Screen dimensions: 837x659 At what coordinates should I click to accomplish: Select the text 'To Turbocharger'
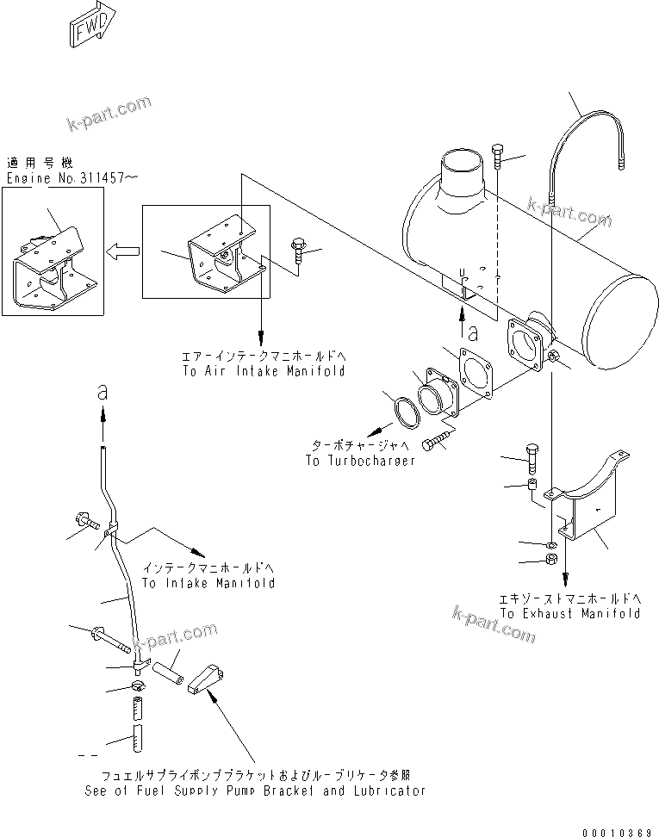click(360, 461)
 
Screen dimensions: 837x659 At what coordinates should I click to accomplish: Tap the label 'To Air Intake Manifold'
click(264, 370)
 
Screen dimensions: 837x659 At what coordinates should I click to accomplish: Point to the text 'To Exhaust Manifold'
click(569, 614)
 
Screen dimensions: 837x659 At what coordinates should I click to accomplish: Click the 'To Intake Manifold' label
click(208, 583)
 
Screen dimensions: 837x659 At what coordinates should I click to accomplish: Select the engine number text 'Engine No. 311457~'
click(72, 178)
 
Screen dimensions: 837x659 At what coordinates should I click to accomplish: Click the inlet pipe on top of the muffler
click(462, 176)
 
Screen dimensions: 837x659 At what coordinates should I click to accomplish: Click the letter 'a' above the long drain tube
click(103, 392)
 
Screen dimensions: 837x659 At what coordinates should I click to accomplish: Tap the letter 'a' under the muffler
click(472, 329)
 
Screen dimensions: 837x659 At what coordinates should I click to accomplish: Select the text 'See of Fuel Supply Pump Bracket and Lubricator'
click(255, 790)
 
